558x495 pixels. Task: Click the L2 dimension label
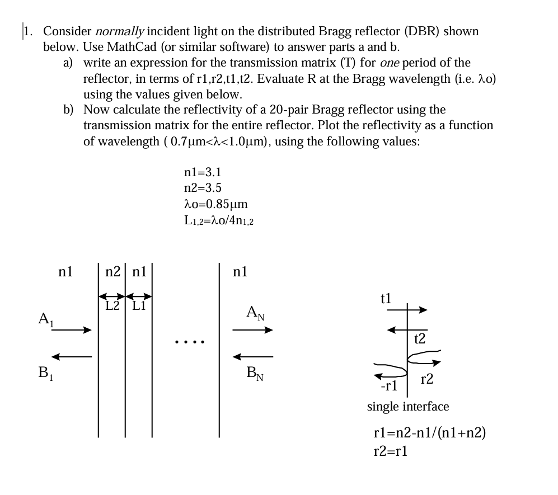point(112,306)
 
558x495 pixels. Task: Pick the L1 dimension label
point(138,306)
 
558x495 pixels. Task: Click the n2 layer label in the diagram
point(112,272)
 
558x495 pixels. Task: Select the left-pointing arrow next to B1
point(71,356)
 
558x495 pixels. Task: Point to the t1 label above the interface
point(386,298)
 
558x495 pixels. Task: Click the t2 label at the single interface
point(420,338)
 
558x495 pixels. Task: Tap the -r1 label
point(388,385)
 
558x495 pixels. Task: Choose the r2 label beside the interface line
point(426,380)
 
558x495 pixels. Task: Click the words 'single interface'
point(407,406)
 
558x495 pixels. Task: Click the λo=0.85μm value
point(216,205)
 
